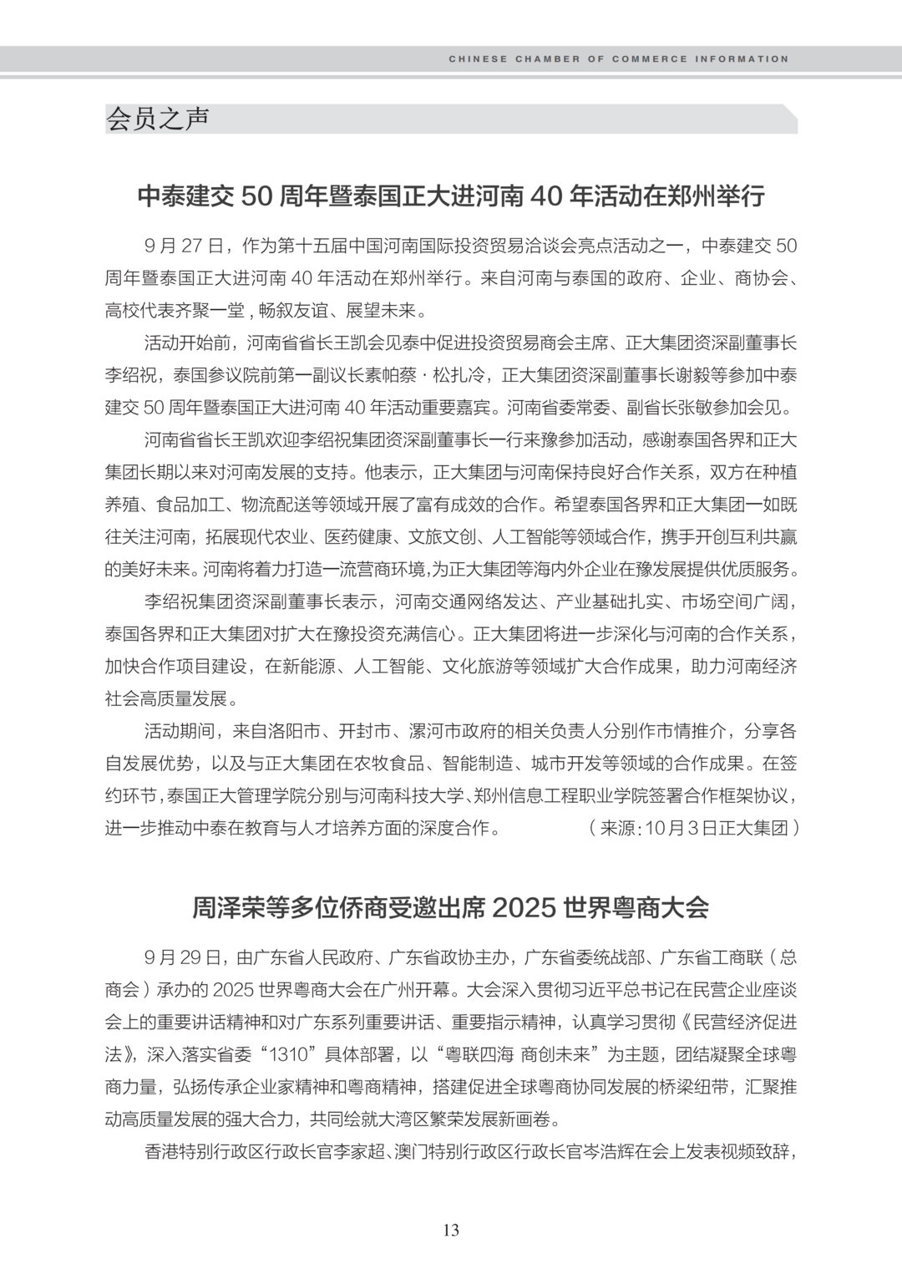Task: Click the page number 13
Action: (451, 1230)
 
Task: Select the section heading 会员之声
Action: (157, 119)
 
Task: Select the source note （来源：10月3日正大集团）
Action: (693, 828)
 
